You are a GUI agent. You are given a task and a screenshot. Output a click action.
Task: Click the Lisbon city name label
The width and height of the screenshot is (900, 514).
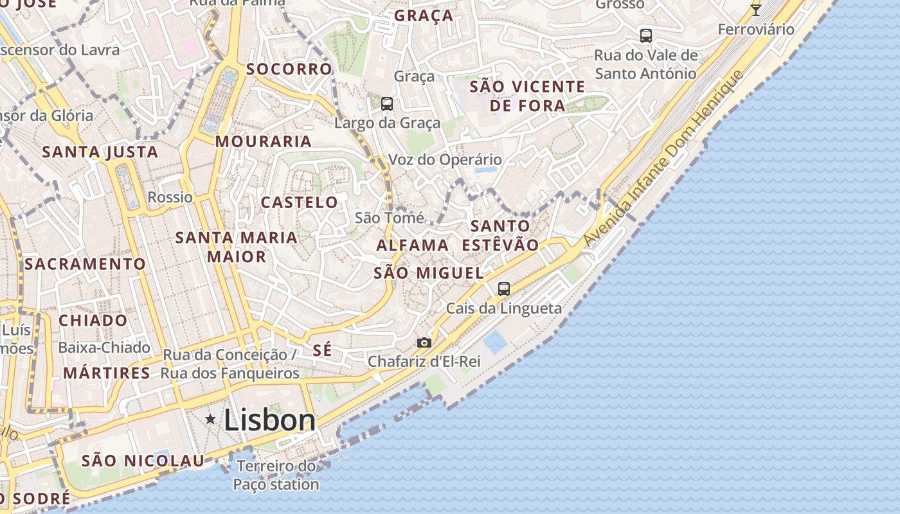click(x=269, y=421)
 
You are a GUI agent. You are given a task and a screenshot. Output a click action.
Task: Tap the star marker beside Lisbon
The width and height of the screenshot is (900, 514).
click(x=210, y=420)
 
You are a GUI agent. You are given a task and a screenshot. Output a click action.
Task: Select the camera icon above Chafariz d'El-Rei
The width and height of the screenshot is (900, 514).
click(x=424, y=342)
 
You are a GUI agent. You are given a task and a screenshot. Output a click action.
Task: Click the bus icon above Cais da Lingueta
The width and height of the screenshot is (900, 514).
click(x=504, y=289)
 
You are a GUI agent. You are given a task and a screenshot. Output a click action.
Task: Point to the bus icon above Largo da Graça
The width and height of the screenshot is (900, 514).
click(x=386, y=103)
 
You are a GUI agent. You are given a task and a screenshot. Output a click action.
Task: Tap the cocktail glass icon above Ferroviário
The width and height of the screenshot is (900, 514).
click(x=756, y=10)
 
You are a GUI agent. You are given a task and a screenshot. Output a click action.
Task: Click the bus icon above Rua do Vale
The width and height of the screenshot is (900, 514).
click(x=646, y=36)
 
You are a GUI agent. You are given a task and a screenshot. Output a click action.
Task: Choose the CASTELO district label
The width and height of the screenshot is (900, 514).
click(x=299, y=202)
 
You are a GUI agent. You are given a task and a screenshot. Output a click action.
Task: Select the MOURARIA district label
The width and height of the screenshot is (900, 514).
click(x=264, y=141)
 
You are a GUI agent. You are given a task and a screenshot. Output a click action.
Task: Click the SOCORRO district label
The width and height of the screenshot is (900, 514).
click(x=289, y=69)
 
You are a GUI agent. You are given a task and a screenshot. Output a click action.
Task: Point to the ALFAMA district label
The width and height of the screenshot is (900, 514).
click(x=412, y=245)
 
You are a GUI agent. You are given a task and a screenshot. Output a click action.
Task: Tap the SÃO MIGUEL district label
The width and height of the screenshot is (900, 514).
click(x=429, y=272)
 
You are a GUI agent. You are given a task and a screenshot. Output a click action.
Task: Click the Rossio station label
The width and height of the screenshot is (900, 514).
click(x=170, y=197)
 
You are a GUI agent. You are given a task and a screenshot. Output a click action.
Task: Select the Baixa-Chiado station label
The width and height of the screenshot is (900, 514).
click(x=104, y=348)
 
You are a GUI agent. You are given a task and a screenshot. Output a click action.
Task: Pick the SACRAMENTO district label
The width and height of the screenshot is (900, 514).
click(x=85, y=264)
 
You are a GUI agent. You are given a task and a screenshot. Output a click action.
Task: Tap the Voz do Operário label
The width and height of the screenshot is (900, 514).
click(x=446, y=159)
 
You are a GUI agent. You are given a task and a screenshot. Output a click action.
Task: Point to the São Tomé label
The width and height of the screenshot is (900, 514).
click(x=390, y=218)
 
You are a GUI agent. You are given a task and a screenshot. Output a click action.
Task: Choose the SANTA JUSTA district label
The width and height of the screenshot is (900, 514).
click(x=100, y=152)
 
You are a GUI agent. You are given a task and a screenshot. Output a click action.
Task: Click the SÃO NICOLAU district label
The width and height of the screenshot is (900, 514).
click(x=143, y=461)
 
